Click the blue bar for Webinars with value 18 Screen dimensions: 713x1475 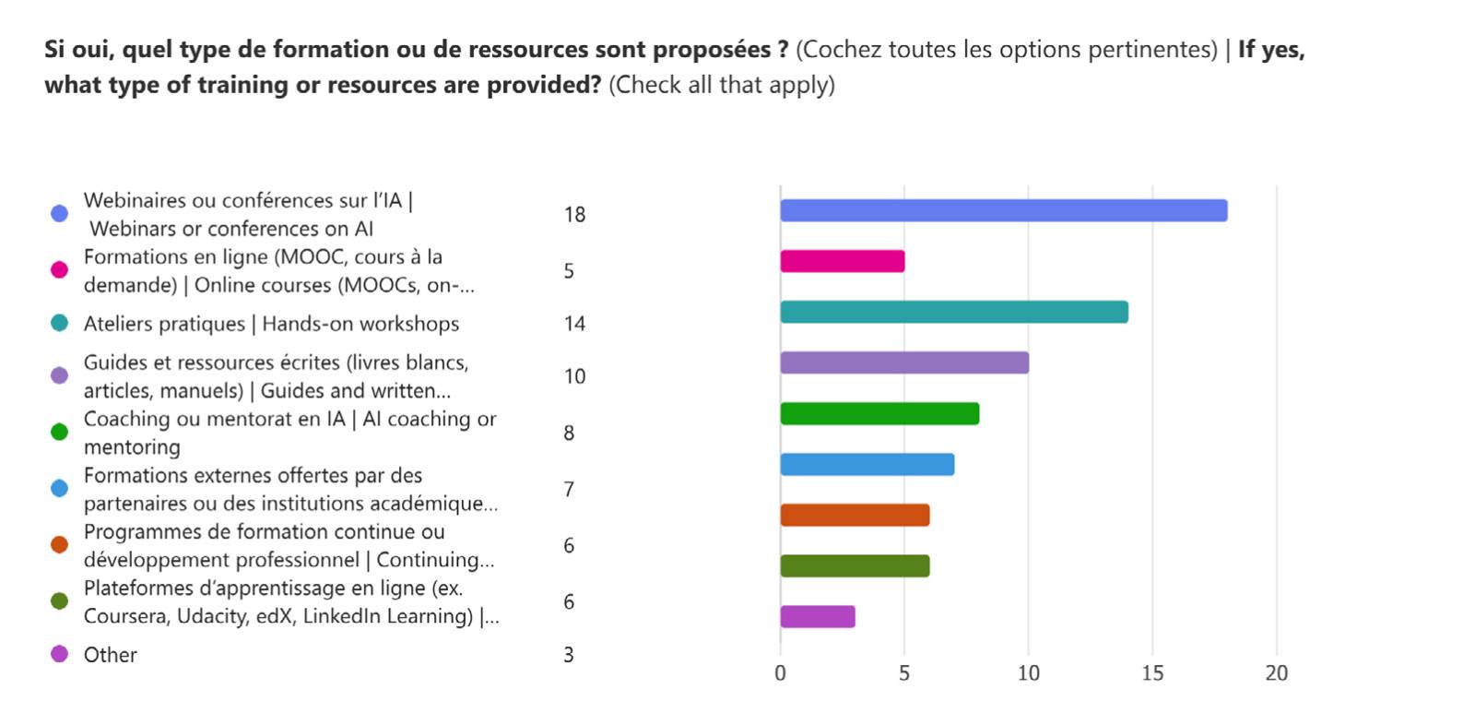[1003, 210]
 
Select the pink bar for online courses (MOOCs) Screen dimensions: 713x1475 [842, 261]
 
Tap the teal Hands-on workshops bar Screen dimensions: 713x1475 [953, 312]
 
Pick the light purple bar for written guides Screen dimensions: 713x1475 [903, 362]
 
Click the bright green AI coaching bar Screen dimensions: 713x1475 [879, 413]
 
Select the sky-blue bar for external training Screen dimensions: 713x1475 [867, 464]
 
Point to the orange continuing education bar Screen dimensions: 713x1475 [855, 515]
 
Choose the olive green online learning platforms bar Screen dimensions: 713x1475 [855, 565]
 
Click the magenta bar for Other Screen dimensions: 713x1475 [817, 616]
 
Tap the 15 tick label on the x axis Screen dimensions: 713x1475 [1152, 673]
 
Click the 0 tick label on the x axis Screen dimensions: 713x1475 [780, 673]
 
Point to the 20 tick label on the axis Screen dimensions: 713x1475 [1276, 673]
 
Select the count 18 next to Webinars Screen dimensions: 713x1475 [574, 215]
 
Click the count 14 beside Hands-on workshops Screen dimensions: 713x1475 [574, 324]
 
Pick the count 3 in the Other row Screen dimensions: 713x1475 [569, 655]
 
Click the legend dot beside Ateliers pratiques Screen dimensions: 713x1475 [59, 323]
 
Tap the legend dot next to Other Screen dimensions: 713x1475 [59, 654]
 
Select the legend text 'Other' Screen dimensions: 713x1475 [110, 655]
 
